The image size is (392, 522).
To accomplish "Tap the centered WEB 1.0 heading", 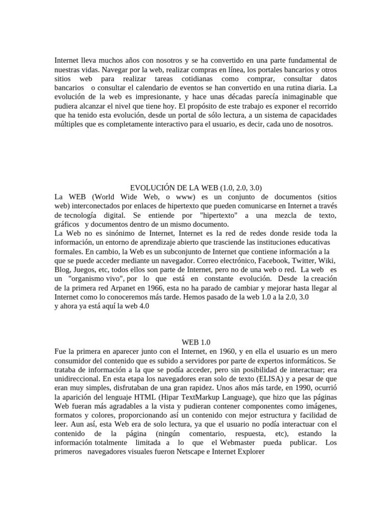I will [x=196, y=343].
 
